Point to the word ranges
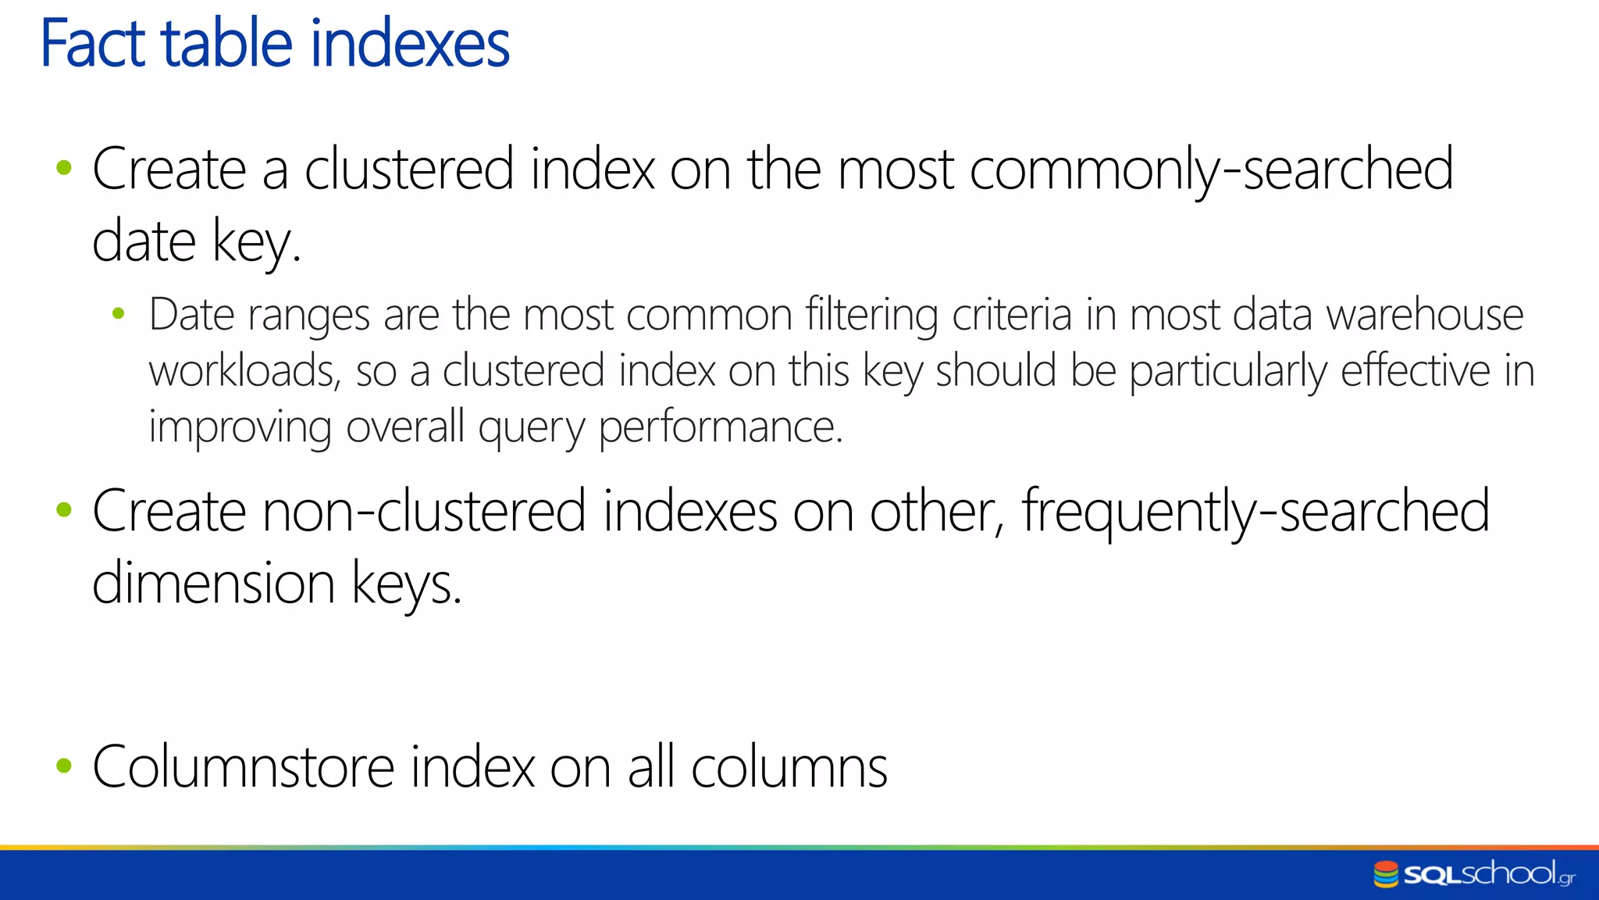pyautogui.click(x=308, y=316)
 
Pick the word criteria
pyautogui.click(x=1012, y=315)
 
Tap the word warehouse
pyautogui.click(x=1425, y=315)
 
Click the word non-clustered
pyautogui.click(x=424, y=512)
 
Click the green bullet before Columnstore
pyautogui.click(x=64, y=766)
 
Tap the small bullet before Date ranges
pyautogui.click(x=119, y=315)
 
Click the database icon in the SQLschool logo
pyautogui.click(x=1386, y=874)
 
